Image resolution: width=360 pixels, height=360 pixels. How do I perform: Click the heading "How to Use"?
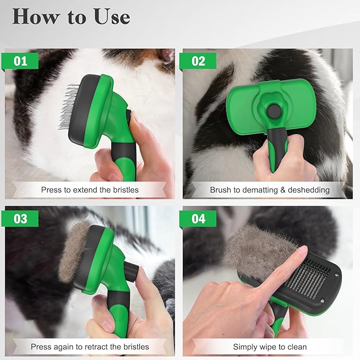coord(71,16)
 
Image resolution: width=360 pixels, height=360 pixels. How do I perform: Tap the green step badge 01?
coord(21,61)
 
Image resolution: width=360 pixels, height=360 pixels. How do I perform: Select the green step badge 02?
coord(198,61)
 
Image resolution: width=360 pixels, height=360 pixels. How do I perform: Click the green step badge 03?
coord(21,218)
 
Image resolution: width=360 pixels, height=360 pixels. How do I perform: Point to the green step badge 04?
coord(198,218)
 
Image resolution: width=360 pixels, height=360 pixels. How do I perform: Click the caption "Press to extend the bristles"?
coord(90,189)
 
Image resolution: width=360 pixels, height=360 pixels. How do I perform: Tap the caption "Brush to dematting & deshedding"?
coord(270,189)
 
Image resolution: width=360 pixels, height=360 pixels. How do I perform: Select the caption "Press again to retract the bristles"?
coord(90,347)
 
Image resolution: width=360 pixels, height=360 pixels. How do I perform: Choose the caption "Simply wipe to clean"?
coord(270,347)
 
